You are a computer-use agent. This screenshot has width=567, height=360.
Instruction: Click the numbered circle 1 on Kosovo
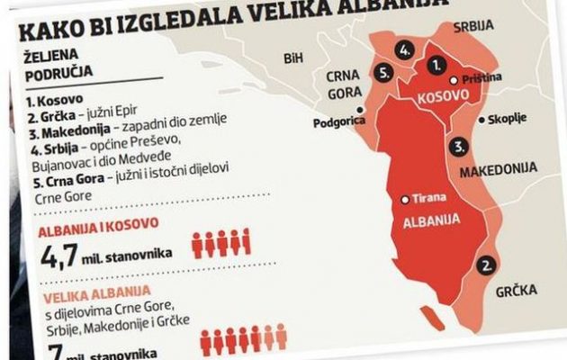(436, 66)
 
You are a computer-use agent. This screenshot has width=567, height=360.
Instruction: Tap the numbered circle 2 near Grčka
(487, 265)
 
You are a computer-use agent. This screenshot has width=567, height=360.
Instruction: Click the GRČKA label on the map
(515, 292)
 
